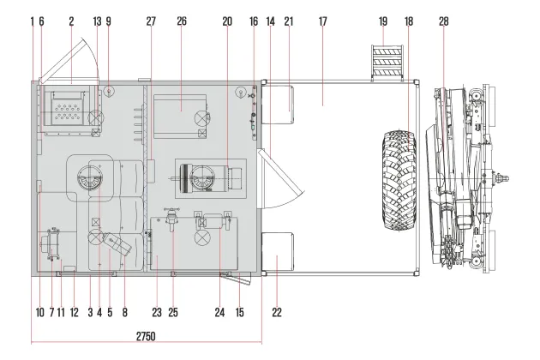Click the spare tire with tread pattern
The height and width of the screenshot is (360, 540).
click(399, 180)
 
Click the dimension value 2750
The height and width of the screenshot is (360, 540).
click(146, 336)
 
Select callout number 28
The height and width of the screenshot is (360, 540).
click(444, 21)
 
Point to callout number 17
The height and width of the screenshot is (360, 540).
click(322, 21)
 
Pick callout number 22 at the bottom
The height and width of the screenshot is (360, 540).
click(277, 313)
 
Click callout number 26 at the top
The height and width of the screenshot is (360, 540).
click(182, 21)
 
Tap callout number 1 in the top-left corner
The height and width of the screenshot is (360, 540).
click(33, 21)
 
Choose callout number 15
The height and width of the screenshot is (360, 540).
click(239, 313)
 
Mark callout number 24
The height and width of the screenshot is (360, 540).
click(219, 313)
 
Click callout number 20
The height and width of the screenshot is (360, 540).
click(227, 21)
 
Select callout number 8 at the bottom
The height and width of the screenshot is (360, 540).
click(124, 313)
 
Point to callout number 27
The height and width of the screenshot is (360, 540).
click(151, 21)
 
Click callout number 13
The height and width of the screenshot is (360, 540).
click(97, 21)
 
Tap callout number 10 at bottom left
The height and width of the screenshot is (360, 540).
click(40, 313)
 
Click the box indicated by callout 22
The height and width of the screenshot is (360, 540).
click(278, 251)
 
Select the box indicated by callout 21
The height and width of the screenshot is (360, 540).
click(278, 105)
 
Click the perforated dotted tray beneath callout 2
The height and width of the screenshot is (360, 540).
click(68, 109)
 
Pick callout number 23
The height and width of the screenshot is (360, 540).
click(157, 313)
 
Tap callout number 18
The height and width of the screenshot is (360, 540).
click(409, 21)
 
